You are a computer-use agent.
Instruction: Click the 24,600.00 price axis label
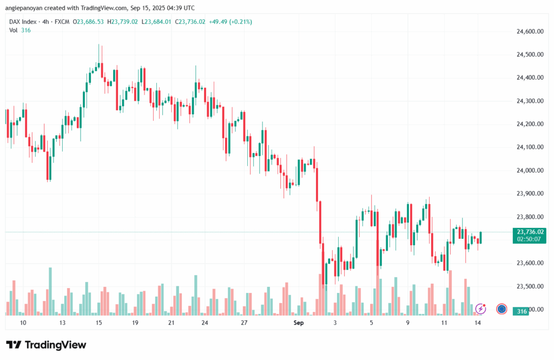tap(530, 31)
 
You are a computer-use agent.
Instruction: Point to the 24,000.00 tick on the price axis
tap(530, 171)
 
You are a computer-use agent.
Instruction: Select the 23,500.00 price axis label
tap(530, 286)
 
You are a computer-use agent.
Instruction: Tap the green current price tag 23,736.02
tap(531, 232)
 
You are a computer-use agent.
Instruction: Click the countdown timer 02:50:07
tap(531, 239)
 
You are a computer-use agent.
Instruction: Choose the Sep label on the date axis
tap(299, 323)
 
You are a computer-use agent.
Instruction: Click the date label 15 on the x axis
tap(98, 323)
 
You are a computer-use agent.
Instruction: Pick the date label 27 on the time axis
tap(244, 323)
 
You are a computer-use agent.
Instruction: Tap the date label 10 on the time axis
tap(23, 323)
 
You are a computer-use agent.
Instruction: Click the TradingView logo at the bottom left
tap(46, 345)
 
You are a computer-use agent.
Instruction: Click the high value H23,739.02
tap(123, 22)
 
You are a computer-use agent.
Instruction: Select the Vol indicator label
tap(14, 30)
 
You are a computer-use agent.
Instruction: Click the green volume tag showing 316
tap(522, 311)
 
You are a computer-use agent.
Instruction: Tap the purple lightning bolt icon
tap(480, 309)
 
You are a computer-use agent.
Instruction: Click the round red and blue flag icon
tap(502, 309)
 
